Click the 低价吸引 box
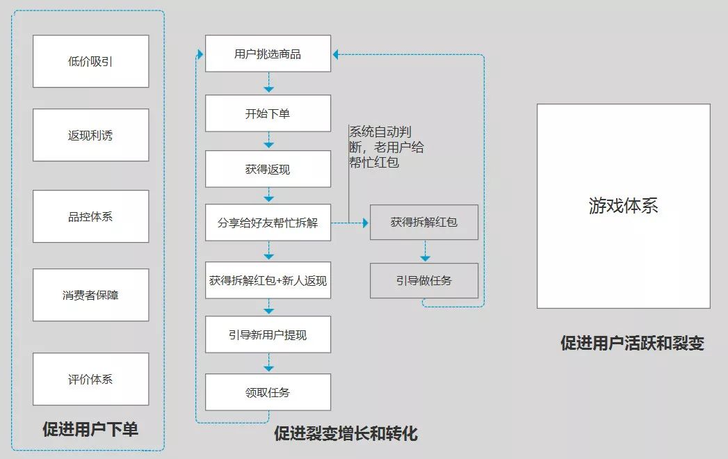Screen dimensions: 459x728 point(90,61)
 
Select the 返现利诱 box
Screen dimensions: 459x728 point(90,135)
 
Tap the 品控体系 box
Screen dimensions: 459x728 point(90,216)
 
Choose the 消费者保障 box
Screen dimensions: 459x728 point(90,295)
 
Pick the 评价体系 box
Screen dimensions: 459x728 point(90,379)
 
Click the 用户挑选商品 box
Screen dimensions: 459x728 point(268,54)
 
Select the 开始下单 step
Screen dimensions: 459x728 point(268,114)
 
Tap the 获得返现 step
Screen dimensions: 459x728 point(268,170)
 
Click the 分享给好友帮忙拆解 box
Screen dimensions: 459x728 point(268,223)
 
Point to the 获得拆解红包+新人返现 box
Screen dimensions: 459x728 point(268,281)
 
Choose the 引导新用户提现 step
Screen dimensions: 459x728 point(268,335)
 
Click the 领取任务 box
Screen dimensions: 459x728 point(268,392)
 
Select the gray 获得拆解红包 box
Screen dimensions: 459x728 point(424,223)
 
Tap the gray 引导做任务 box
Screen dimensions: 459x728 point(424,280)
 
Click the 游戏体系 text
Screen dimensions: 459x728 point(623,206)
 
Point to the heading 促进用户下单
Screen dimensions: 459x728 point(90,429)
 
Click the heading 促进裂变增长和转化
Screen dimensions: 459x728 point(346,434)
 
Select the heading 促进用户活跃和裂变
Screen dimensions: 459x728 point(632,343)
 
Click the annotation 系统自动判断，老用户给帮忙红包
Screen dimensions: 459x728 point(386,147)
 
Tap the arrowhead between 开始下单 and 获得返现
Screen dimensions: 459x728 point(268,145)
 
